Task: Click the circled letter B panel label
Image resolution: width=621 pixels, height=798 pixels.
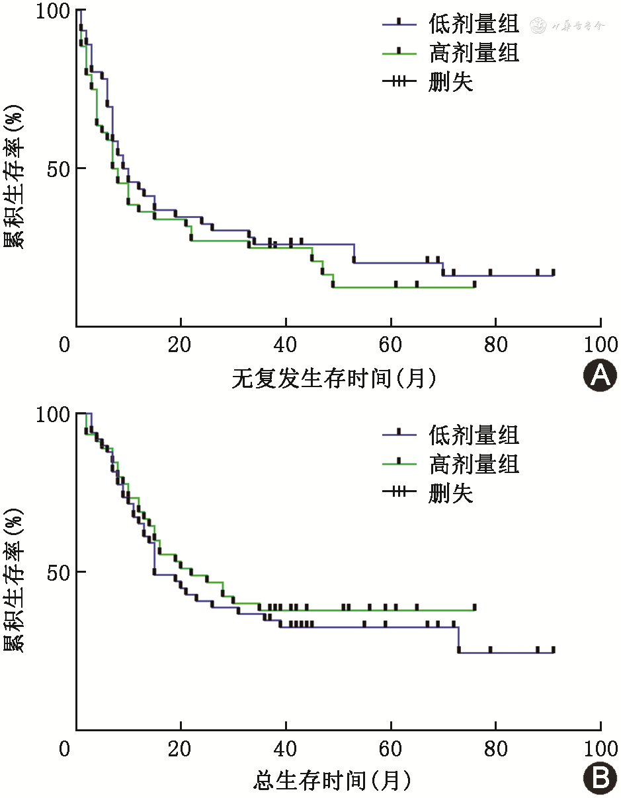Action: pyautogui.click(x=600, y=780)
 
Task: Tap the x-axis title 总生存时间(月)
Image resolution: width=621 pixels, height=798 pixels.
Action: pyautogui.click(x=333, y=781)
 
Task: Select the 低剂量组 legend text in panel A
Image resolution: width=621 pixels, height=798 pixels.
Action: pyautogui.click(x=474, y=24)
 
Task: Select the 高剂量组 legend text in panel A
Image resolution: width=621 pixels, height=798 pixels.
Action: pyautogui.click(x=474, y=52)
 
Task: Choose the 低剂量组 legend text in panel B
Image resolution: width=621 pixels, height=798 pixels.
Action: pyautogui.click(x=474, y=435)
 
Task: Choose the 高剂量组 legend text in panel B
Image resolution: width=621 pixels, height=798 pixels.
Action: pyautogui.click(x=474, y=464)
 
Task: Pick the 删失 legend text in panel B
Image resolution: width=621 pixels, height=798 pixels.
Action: pyautogui.click(x=451, y=493)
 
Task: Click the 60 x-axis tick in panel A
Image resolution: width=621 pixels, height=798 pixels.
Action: pyautogui.click(x=390, y=345)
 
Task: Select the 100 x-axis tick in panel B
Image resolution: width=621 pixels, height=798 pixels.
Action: pyautogui.click(x=600, y=749)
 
